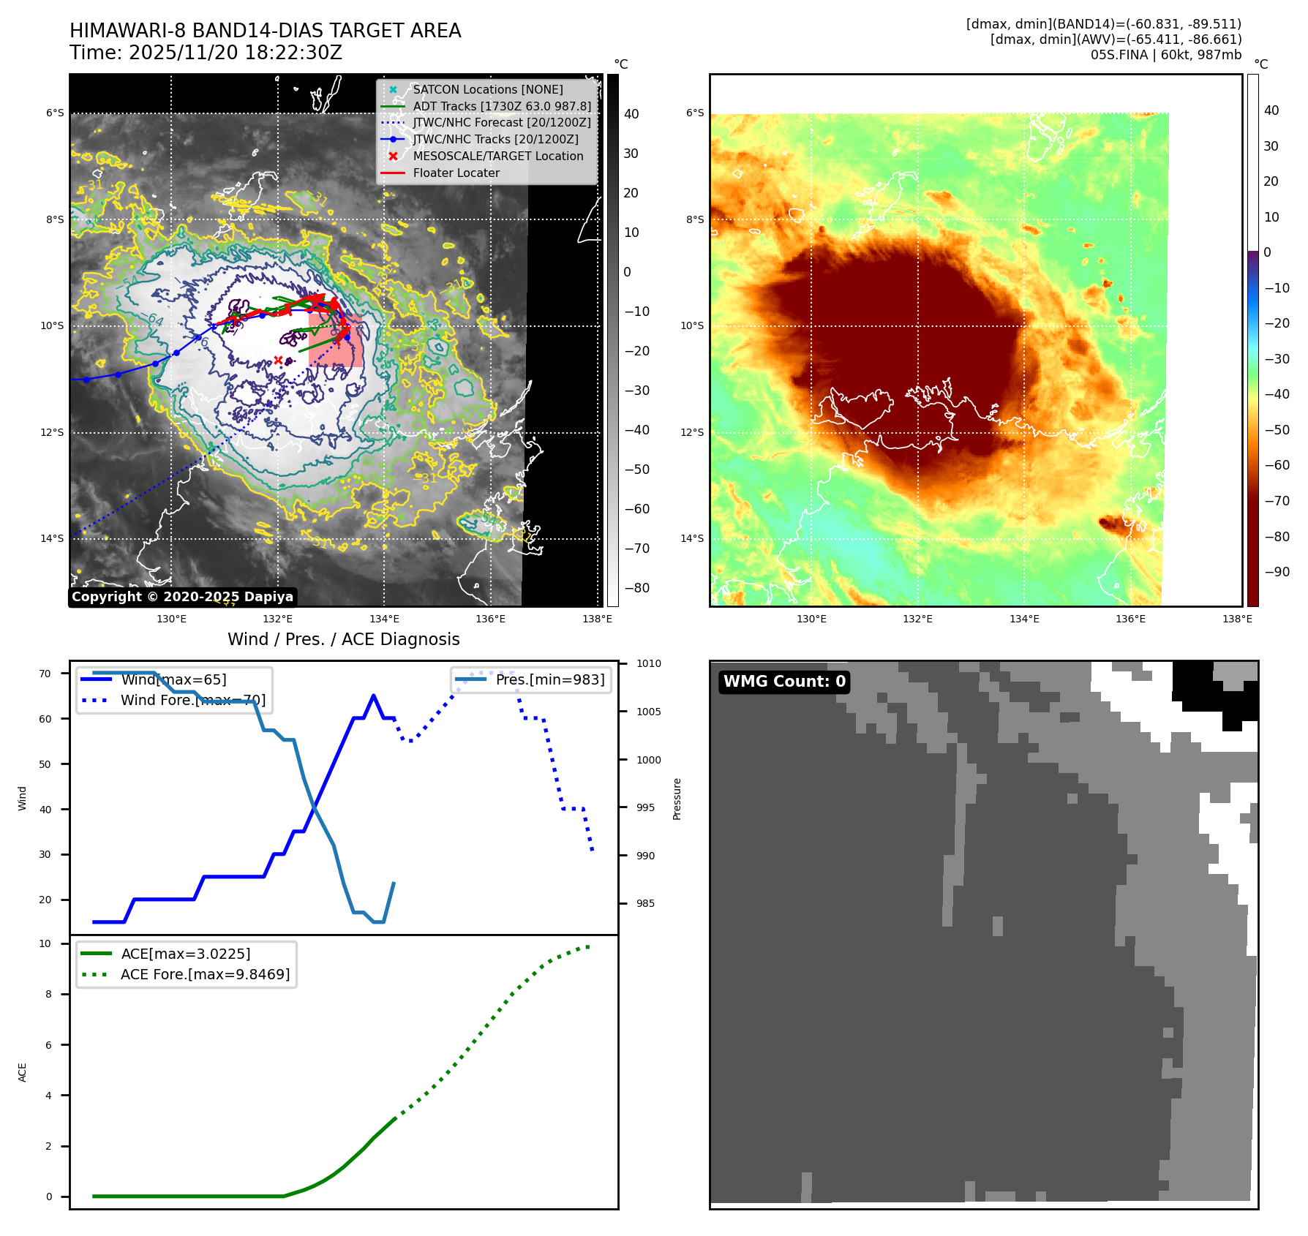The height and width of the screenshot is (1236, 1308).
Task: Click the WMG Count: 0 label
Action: (x=784, y=682)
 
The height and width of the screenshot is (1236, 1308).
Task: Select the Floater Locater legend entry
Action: (x=456, y=173)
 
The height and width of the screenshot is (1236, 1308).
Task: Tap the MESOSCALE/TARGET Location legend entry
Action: (x=497, y=157)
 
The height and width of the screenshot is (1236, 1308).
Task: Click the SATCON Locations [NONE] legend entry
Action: (x=487, y=90)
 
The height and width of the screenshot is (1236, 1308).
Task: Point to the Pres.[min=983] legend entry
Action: (x=549, y=680)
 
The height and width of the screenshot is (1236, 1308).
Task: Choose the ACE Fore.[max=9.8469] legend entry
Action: (x=205, y=975)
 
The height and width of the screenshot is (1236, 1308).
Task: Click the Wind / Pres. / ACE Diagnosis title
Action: (x=343, y=640)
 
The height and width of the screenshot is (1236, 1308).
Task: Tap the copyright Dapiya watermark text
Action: (x=182, y=597)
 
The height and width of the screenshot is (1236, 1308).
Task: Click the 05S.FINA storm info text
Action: (x=1165, y=55)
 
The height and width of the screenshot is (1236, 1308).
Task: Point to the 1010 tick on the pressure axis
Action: (x=648, y=664)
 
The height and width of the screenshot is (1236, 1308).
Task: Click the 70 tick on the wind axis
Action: (x=45, y=674)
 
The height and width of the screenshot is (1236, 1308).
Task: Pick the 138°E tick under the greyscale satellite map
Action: (x=597, y=619)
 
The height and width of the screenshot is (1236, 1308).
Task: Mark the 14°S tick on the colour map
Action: (x=692, y=539)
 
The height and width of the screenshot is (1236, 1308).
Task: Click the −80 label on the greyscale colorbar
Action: (x=636, y=588)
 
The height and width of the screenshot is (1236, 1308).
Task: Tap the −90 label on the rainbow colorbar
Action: (x=1277, y=572)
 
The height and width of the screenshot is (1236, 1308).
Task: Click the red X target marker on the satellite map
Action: (x=278, y=360)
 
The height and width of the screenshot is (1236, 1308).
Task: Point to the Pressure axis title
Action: (x=677, y=799)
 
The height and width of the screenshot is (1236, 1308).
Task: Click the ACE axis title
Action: (x=22, y=1072)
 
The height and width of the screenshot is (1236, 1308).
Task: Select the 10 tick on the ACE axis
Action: (x=45, y=944)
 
